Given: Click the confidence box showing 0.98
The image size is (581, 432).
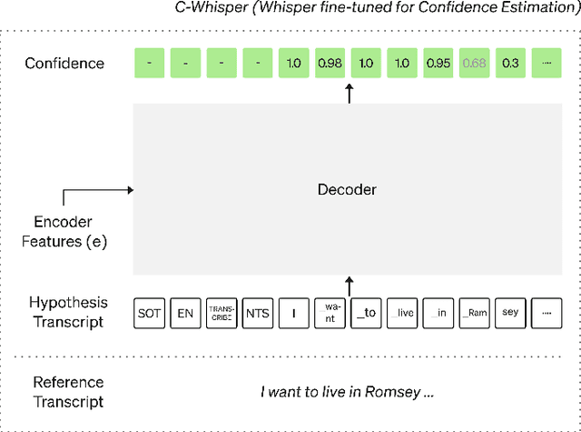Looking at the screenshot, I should (330, 63).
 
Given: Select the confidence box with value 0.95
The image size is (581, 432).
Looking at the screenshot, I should (438, 63).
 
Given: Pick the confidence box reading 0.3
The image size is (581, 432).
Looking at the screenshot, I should (511, 63).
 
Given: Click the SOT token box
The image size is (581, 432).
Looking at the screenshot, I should (149, 313).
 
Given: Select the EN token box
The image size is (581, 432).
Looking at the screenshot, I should (185, 313).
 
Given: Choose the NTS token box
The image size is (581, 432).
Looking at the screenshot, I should (258, 313).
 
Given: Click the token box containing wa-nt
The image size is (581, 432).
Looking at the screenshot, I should (330, 313).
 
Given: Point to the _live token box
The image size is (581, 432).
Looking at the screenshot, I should (402, 313).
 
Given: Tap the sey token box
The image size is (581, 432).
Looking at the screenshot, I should (511, 313).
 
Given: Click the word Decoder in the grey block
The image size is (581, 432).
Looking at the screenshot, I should (347, 190).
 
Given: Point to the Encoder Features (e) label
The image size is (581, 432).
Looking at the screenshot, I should (63, 231).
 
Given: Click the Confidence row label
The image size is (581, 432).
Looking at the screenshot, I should (64, 63).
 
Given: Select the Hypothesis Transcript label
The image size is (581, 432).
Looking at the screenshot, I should (68, 312).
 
